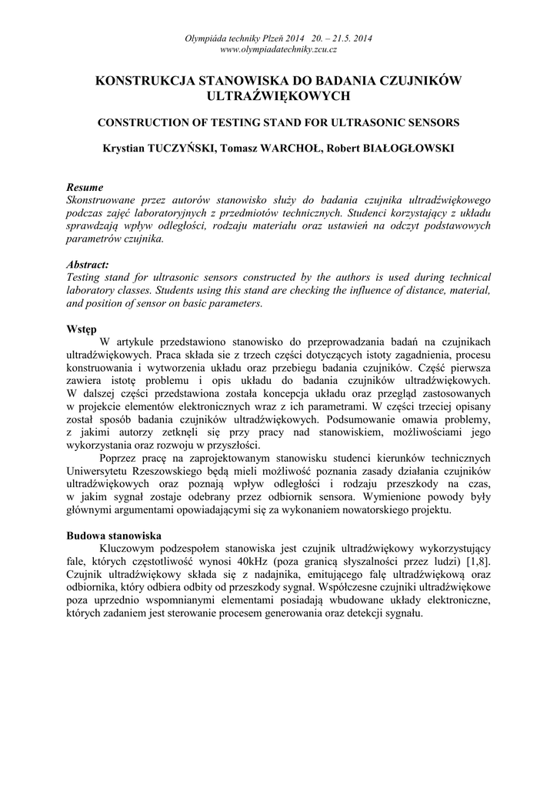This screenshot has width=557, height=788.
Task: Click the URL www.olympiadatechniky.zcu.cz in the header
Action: (278, 49)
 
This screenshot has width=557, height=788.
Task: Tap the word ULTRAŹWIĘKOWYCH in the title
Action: (278, 96)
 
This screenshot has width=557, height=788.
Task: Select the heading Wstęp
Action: (82, 329)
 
